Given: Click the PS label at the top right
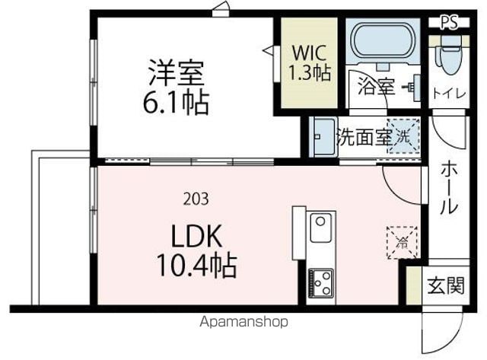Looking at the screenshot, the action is pyautogui.click(x=450, y=22).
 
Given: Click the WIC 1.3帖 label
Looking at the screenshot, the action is pyautogui.click(x=310, y=62).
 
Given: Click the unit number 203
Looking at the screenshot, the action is pyautogui.click(x=196, y=199).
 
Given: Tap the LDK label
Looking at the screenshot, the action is pyautogui.click(x=196, y=237).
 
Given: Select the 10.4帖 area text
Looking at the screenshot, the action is pyautogui.click(x=196, y=266).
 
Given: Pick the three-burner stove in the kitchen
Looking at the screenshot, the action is pyautogui.click(x=321, y=283).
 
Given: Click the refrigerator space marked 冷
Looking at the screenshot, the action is pyautogui.click(x=403, y=243).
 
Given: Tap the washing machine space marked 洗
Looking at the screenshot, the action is pyautogui.click(x=403, y=136).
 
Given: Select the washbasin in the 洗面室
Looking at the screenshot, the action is pyautogui.click(x=323, y=137).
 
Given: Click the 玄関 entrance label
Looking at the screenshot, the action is pyautogui.click(x=446, y=285).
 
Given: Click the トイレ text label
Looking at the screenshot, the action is pyautogui.click(x=449, y=94).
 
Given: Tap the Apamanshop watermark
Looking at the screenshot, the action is pyautogui.click(x=243, y=322).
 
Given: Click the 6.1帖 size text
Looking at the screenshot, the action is pyautogui.click(x=176, y=102).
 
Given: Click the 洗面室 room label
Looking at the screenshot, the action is pyautogui.click(x=364, y=137).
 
